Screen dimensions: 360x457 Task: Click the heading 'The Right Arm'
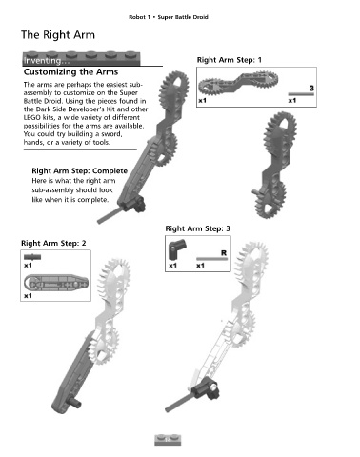coord(58,35)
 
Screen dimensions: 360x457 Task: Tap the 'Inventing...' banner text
coord(47,60)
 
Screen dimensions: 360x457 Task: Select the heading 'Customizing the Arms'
coord(70,72)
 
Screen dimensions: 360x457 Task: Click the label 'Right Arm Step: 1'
coord(230,60)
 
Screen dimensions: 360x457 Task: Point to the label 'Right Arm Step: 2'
coord(53,243)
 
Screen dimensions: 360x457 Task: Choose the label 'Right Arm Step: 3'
coord(197,228)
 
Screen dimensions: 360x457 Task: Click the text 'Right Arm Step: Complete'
coord(79,171)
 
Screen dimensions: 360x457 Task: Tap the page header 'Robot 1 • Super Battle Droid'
coord(169,17)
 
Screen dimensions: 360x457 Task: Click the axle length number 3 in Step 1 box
coord(311,88)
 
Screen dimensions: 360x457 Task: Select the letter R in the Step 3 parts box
coord(224,253)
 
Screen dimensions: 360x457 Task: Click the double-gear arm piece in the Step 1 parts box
coord(238,84)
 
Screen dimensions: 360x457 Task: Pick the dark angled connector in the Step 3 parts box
coord(177,250)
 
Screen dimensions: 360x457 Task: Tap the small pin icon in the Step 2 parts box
coord(32,257)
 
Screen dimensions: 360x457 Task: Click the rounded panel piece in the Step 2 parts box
coord(56,283)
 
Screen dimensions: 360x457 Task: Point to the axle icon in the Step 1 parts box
coord(301,94)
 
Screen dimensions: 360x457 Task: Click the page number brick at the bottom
coord(168,440)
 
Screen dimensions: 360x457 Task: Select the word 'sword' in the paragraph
coord(111,134)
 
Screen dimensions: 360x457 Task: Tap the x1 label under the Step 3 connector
coord(172,266)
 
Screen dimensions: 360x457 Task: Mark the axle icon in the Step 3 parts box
coord(211,259)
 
